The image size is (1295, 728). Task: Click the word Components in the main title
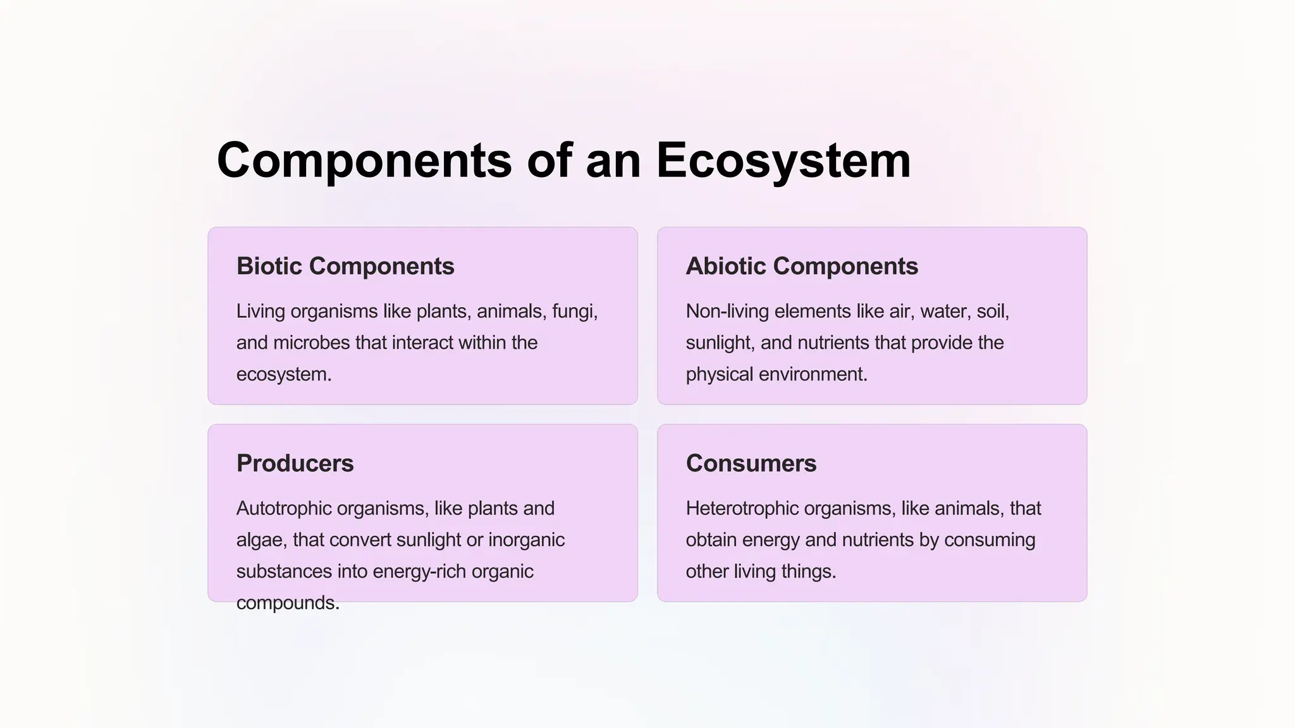(x=364, y=161)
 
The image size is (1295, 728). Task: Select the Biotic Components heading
(x=345, y=266)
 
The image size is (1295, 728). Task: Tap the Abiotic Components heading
(x=802, y=266)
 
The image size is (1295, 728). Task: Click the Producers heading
(x=295, y=463)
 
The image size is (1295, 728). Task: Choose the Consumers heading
(x=751, y=463)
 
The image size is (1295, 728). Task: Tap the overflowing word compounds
(x=287, y=603)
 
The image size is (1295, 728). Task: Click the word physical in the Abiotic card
(x=719, y=374)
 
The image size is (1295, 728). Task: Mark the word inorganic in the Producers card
(x=526, y=540)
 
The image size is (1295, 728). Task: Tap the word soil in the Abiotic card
(x=991, y=312)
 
